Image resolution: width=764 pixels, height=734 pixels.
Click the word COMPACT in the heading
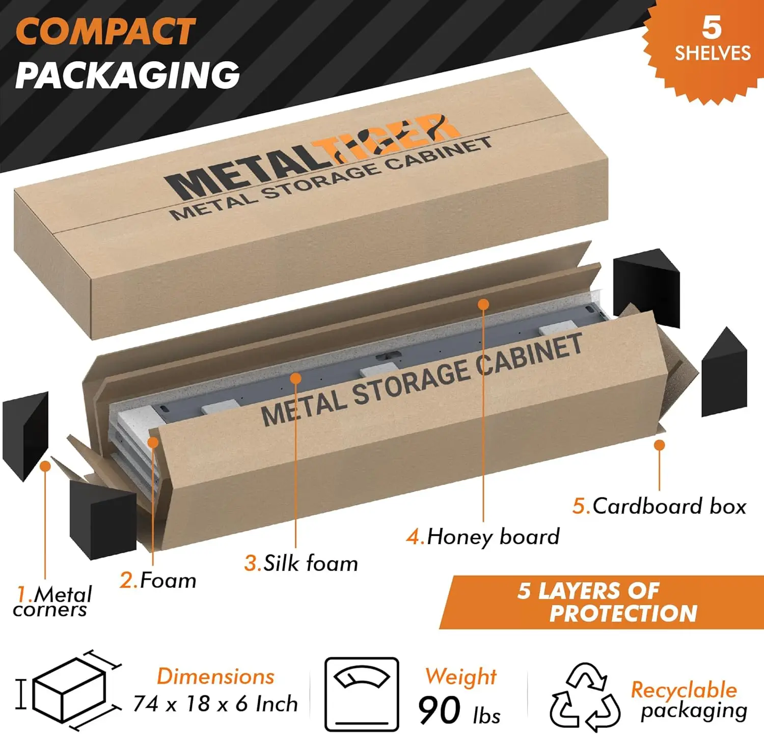[105, 31]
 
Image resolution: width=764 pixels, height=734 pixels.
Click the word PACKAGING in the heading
[127, 75]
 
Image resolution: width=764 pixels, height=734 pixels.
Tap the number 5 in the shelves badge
[712, 28]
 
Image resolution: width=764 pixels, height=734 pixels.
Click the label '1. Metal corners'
[52, 602]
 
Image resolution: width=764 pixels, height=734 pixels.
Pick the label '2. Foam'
[158, 580]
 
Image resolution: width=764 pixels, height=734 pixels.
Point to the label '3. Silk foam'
[301, 563]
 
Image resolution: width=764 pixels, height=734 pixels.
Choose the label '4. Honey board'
[483, 536]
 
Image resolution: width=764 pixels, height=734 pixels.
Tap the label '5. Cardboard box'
[659, 506]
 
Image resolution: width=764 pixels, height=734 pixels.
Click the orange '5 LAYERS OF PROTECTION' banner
[601, 602]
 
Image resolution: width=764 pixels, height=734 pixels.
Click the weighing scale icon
[362, 694]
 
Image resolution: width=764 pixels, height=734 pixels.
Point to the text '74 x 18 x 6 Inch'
[215, 704]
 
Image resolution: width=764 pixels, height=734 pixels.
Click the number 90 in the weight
[440, 710]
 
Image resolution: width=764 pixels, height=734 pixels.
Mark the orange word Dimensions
[215, 676]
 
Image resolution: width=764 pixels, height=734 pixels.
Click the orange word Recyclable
[684, 690]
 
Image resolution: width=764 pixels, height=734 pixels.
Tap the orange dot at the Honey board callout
[484, 304]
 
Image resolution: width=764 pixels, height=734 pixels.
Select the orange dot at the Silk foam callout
[295, 378]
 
